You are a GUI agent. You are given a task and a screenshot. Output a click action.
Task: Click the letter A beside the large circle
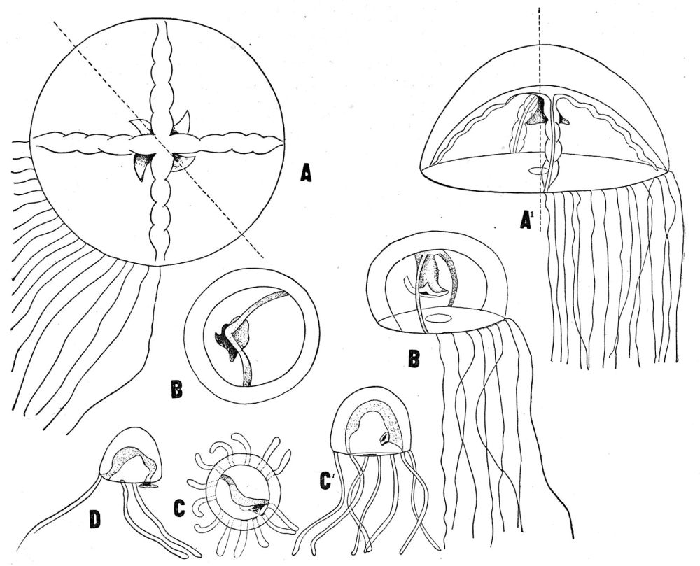pyautogui.click(x=305, y=173)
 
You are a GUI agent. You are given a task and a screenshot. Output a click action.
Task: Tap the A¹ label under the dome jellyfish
pyautogui.click(x=528, y=220)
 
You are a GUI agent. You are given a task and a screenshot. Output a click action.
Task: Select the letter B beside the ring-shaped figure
pyautogui.click(x=176, y=389)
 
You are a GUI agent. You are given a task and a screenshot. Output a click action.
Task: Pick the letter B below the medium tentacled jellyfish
pyautogui.click(x=414, y=358)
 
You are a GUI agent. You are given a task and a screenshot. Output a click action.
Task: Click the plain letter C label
pyautogui.click(x=179, y=508)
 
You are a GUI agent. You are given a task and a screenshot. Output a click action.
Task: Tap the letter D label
pyautogui.click(x=94, y=520)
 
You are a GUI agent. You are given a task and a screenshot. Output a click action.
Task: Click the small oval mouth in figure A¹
pyautogui.click(x=539, y=170)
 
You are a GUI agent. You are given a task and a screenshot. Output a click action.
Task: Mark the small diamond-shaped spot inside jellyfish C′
pyautogui.click(x=383, y=439)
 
